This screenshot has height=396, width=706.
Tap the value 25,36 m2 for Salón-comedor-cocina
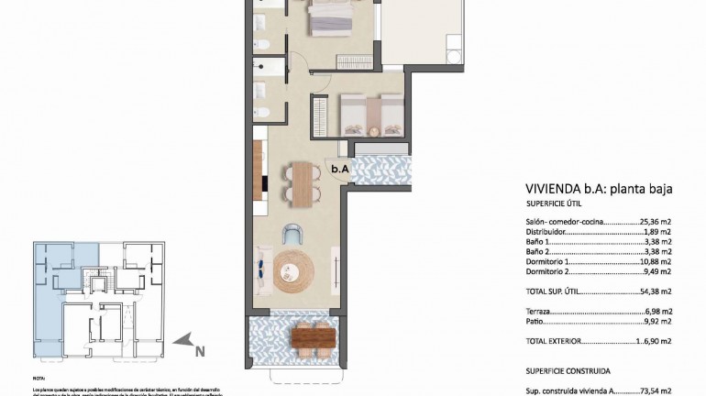[x=656, y=222]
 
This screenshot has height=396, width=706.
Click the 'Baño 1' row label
[x=538, y=242]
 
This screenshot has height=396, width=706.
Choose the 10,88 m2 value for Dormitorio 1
[x=655, y=261]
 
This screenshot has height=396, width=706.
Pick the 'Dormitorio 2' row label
[x=549, y=271]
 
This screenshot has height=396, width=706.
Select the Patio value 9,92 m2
[x=656, y=322]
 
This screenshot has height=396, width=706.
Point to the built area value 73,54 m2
[x=655, y=390]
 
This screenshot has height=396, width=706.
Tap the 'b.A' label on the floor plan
[x=340, y=168]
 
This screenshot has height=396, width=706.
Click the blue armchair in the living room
[x=292, y=234]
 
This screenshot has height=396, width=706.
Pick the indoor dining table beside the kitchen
[x=300, y=180]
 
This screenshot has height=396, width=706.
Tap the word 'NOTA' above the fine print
[x=39, y=378]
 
